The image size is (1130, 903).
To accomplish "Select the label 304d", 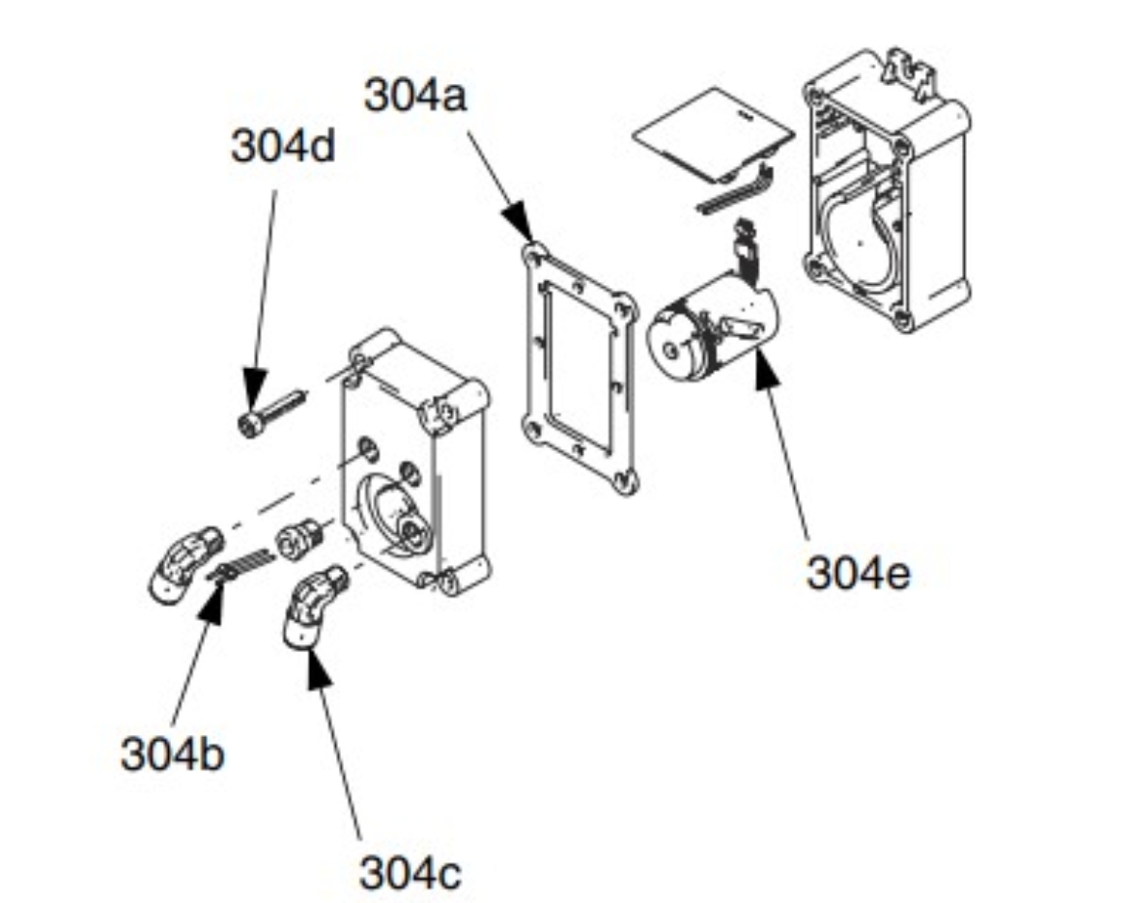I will pyautogui.click(x=282, y=147).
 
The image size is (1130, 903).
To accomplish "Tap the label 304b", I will pyautogui.click(x=172, y=752).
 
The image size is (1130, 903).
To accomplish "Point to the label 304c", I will pyautogui.click(x=410, y=872).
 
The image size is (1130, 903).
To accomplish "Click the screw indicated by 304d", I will pyautogui.click(x=271, y=409).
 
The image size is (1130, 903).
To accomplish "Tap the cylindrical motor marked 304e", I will pyautogui.click(x=711, y=328).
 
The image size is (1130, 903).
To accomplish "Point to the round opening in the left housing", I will pyautogui.click(x=395, y=507).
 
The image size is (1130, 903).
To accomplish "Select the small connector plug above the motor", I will pyautogui.click(x=745, y=237).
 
